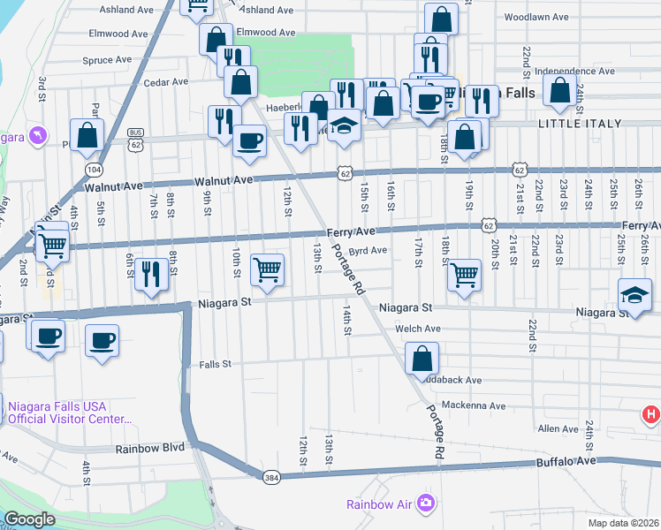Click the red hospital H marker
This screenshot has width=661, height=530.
[650, 413]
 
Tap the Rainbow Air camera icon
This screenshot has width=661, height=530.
[426, 503]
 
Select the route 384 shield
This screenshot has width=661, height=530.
[271, 477]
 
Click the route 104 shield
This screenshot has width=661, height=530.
[92, 168]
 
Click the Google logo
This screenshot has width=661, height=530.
[29, 519]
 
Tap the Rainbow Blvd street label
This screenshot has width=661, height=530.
[150, 448]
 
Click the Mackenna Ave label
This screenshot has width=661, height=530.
[475, 406]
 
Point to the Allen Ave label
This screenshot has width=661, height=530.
[558, 428]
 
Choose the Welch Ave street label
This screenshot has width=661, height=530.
[418, 329]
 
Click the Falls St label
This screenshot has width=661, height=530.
[215, 364]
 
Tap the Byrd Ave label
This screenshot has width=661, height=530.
[368, 251]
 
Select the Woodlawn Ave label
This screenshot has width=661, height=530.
[535, 17]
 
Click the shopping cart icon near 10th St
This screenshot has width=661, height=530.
[267, 270]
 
